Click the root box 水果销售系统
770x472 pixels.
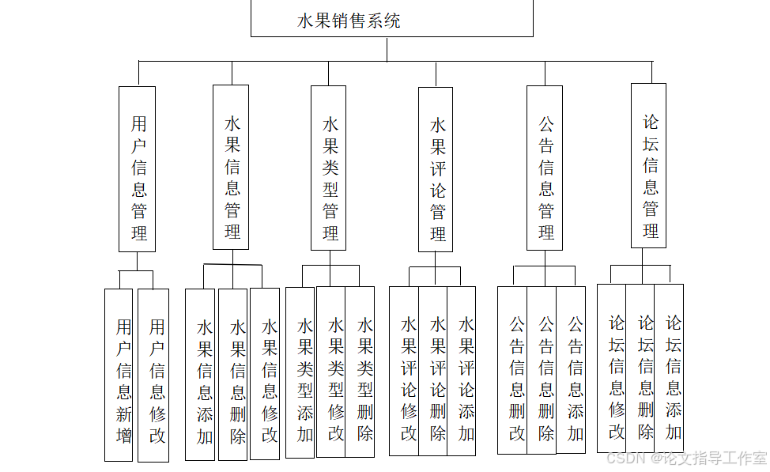coord(391,19)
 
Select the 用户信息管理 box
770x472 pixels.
coord(138,168)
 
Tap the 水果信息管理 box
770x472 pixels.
coord(231,167)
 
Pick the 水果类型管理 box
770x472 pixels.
coord(329,168)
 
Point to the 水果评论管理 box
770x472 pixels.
coord(436,169)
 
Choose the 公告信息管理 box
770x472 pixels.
coord(545,168)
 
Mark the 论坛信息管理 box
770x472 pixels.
coord(648,165)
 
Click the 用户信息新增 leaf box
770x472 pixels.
coord(119,375)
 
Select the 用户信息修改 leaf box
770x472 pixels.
coord(153,375)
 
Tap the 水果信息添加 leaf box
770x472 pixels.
coord(200,375)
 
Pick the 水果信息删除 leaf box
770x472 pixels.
coord(233,375)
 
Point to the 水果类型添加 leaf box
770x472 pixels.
coord(300,372)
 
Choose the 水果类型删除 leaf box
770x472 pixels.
coord(360,372)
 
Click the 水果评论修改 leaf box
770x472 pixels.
coord(404,371)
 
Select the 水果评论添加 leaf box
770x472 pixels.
coord(462,371)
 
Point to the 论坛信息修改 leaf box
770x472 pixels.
coord(612,368)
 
